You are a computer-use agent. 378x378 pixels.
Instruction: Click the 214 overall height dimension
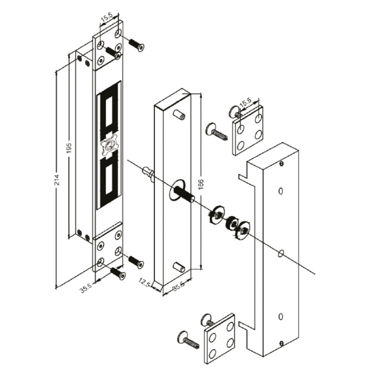pos(57,180)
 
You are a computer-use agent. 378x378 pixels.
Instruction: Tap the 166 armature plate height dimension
pos(201,184)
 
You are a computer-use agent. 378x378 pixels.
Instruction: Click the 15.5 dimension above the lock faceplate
pos(106,18)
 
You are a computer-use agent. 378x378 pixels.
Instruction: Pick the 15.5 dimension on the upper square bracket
pos(246,103)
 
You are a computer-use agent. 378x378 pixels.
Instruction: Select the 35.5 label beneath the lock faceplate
pos(86,288)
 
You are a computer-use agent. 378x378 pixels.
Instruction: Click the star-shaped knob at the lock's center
pos(109,146)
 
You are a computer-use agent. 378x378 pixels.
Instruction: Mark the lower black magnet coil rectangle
pos(109,179)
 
